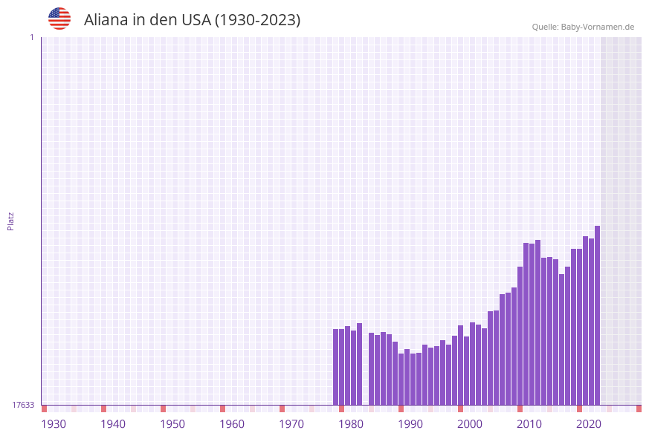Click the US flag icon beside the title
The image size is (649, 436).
(59, 19)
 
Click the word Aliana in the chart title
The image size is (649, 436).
(107, 20)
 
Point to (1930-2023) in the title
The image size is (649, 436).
(257, 20)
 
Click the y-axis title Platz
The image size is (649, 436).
(11, 221)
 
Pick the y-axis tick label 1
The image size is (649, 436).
(31, 37)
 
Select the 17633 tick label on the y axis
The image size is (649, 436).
(23, 405)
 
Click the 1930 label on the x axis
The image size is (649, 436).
(54, 424)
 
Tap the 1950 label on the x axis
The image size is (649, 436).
(172, 424)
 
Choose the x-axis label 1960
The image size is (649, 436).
(232, 424)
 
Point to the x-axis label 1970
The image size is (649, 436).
(291, 424)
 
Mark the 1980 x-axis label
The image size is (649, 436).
(351, 424)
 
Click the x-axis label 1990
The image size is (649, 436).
(410, 424)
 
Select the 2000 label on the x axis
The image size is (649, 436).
(470, 424)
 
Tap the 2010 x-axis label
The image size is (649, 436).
(529, 424)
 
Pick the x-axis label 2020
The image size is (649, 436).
(589, 424)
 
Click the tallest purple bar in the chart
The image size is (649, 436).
(597, 316)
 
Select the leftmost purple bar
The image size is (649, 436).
(335, 367)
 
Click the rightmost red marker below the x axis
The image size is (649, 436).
(639, 409)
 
